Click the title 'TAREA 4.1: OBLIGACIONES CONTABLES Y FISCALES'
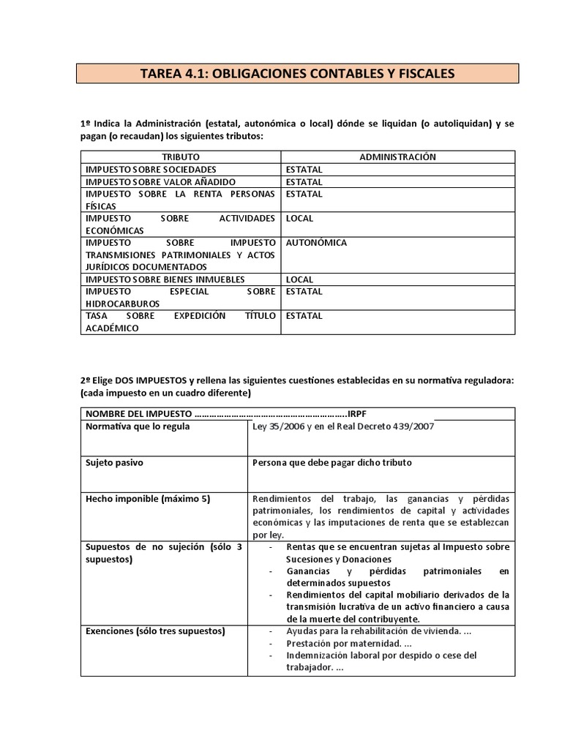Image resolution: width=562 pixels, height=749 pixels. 298,73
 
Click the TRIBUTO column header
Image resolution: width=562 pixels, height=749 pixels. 180,157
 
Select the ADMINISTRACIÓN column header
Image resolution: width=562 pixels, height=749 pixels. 397,157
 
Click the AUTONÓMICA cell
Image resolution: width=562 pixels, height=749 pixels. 316,243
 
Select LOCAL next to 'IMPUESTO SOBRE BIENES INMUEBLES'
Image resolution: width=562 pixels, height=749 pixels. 300,279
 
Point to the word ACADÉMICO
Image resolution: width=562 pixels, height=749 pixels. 111,328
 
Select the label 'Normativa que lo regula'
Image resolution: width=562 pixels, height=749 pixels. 138,426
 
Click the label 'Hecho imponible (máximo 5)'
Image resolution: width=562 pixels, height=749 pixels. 148,499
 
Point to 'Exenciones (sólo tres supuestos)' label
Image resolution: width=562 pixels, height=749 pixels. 155,631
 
